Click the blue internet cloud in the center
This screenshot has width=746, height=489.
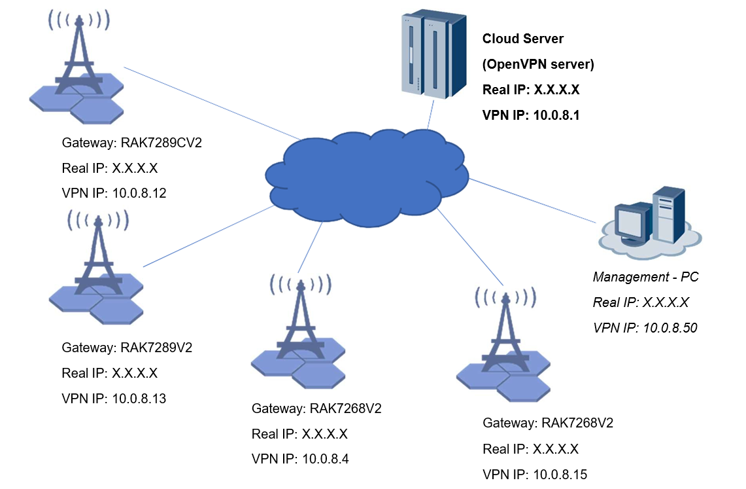366,177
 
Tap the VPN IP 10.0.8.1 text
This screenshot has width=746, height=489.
531,115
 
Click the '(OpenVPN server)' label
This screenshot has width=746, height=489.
537,64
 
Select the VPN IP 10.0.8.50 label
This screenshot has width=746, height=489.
645,327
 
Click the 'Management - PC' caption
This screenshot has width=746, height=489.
645,277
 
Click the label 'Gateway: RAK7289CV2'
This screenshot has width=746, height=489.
131,143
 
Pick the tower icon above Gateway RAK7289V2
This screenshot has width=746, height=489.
97,269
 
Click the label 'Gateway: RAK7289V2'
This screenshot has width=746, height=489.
127,347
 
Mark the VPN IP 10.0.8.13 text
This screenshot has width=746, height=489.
114,398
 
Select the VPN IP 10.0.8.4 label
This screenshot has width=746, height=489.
300,459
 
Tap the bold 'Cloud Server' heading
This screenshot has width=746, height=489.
522,39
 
